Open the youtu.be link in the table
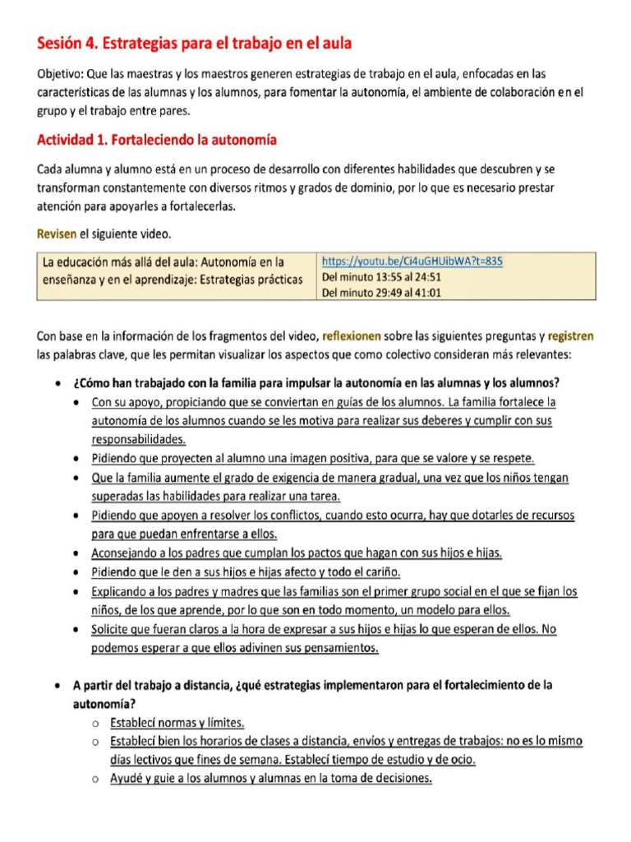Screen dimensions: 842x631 pos(412,261)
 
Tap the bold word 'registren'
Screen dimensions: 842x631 pos(570,336)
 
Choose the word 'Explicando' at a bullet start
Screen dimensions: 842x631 pos(119,591)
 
